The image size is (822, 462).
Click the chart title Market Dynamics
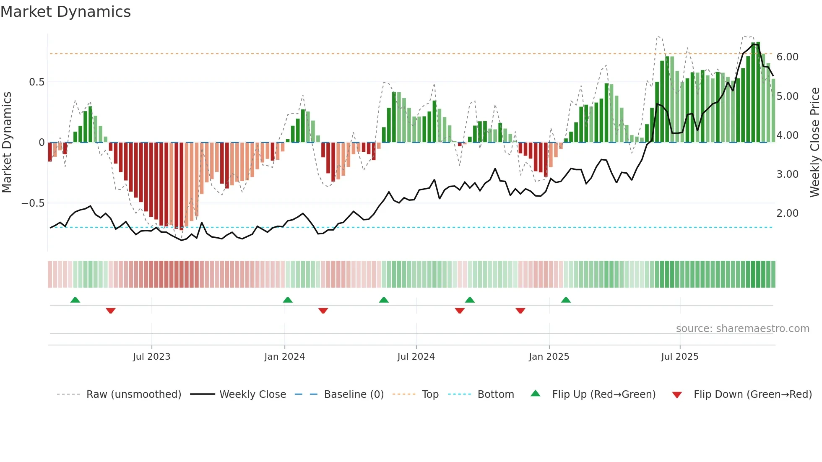point(65,12)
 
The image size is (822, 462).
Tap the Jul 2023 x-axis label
point(151,357)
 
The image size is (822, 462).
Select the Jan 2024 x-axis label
point(284,357)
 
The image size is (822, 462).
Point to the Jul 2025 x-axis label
point(679,357)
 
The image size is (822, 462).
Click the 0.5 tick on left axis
point(36,82)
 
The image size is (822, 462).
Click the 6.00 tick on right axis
point(787,57)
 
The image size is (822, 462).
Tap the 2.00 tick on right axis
point(787,213)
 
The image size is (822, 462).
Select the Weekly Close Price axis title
point(814,143)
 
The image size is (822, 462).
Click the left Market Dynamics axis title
point(7,143)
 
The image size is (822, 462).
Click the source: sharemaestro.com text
point(742,329)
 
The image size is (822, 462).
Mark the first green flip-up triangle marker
point(75,300)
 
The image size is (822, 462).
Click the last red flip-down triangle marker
point(520,311)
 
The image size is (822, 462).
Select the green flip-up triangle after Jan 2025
point(566,300)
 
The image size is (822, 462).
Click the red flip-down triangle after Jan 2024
point(323,311)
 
